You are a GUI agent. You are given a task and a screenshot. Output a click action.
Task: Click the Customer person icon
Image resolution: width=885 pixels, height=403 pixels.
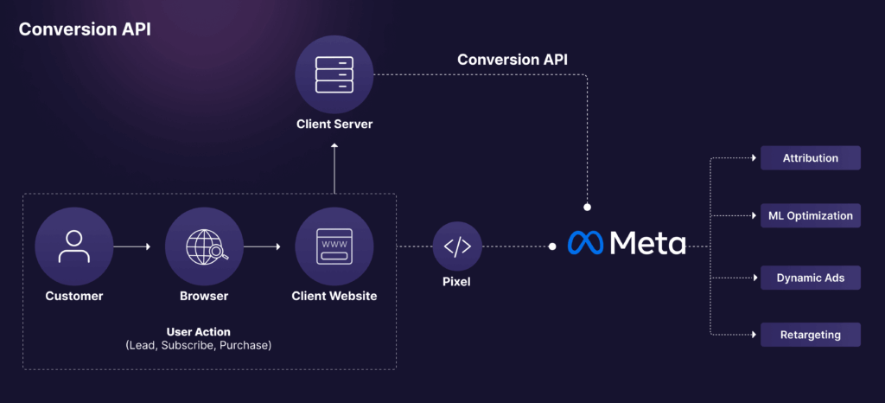coord(74,246)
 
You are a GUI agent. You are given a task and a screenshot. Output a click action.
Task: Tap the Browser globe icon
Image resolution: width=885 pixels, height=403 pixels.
coord(204,246)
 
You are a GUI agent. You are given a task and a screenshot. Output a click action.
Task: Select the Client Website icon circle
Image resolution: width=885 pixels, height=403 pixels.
coord(334,246)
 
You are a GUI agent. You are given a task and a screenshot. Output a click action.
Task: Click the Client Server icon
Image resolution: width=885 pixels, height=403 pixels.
coord(334,74)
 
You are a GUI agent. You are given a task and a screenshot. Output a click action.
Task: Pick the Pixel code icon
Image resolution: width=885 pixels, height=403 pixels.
coord(457,246)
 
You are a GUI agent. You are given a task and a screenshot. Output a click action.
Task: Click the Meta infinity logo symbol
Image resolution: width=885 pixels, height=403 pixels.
coord(586,243)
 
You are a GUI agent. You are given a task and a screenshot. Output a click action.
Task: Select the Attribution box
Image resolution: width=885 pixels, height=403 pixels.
coord(810,158)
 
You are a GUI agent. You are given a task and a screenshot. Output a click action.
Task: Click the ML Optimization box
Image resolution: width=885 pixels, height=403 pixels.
coord(810,215)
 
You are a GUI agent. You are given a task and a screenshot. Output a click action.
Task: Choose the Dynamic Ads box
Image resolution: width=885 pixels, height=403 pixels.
coord(810,278)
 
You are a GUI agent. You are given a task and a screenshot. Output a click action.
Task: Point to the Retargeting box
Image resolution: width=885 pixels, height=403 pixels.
coord(810,335)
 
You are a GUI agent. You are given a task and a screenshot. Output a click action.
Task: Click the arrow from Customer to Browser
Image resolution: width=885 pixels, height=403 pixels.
coord(131,247)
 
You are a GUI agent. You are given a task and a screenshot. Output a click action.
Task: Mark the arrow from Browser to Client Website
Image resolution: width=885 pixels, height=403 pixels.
coord(262,247)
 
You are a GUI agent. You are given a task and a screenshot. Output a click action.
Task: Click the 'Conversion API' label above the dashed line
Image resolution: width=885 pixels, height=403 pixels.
coord(513,60)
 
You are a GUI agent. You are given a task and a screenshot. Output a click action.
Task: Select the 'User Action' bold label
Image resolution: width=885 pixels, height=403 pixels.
coord(198,331)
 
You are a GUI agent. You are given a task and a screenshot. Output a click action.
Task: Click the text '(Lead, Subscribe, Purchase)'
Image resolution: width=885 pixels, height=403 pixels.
coord(198,346)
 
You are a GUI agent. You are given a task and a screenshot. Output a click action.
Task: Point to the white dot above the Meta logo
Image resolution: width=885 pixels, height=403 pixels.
coord(587,208)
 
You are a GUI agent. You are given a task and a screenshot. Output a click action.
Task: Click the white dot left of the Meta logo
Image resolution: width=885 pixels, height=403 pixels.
coord(552,246)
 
